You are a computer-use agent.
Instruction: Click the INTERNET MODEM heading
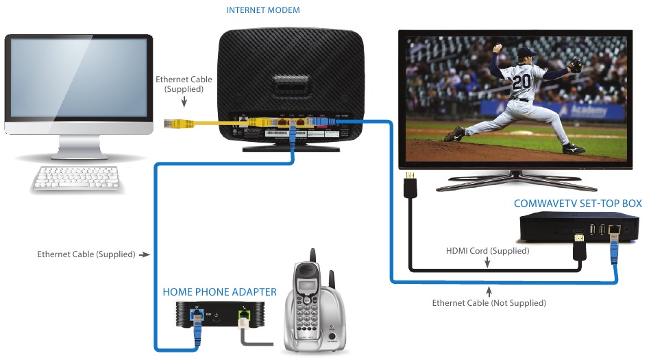[262, 10]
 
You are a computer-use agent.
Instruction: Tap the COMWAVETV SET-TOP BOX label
[578, 203]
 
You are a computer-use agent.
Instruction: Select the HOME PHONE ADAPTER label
[219, 292]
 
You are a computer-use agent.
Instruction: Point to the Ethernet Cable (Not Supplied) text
[489, 302]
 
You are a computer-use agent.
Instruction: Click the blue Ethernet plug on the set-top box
[614, 244]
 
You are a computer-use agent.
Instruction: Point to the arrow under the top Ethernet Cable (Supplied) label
[184, 102]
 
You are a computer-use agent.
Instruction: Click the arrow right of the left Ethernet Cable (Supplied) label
[144, 254]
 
